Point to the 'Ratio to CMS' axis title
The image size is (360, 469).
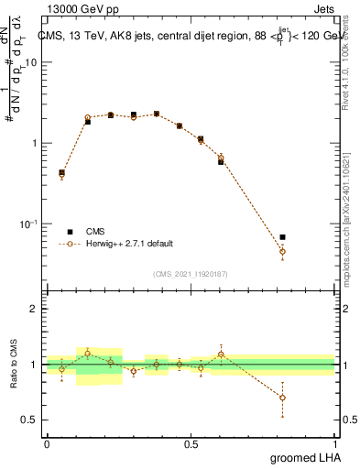point(14,365)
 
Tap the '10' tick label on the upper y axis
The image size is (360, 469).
point(30,63)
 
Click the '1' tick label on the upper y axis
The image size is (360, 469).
point(34,144)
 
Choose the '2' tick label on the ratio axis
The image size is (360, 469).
point(34,310)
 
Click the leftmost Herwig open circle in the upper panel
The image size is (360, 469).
point(61,173)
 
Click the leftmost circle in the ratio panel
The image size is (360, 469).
point(61,369)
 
